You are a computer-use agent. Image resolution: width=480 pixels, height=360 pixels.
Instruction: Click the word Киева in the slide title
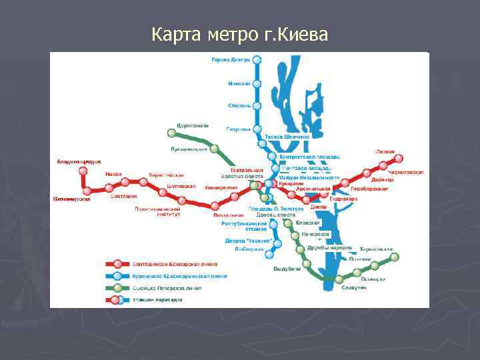click(303, 33)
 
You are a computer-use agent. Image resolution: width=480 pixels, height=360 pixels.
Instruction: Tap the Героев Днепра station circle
click(258, 59)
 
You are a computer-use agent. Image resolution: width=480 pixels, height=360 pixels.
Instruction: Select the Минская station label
click(239, 83)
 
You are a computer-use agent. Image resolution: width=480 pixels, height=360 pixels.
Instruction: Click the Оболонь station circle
click(258, 105)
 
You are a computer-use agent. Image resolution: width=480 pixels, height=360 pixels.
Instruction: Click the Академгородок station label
click(79, 161)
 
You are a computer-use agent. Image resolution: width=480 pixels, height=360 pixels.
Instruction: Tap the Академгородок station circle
click(83, 171)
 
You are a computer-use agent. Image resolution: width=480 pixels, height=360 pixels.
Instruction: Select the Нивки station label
click(113, 174)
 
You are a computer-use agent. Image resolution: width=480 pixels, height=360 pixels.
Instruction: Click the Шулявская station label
click(181, 186)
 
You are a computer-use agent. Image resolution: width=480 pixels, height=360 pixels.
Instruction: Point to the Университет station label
click(221, 187)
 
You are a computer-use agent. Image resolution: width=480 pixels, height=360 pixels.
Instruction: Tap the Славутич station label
click(354, 287)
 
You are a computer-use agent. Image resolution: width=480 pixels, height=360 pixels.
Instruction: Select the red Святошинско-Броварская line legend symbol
click(117, 263)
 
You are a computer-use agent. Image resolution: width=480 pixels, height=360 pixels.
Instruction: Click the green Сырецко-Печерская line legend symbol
click(117, 287)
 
